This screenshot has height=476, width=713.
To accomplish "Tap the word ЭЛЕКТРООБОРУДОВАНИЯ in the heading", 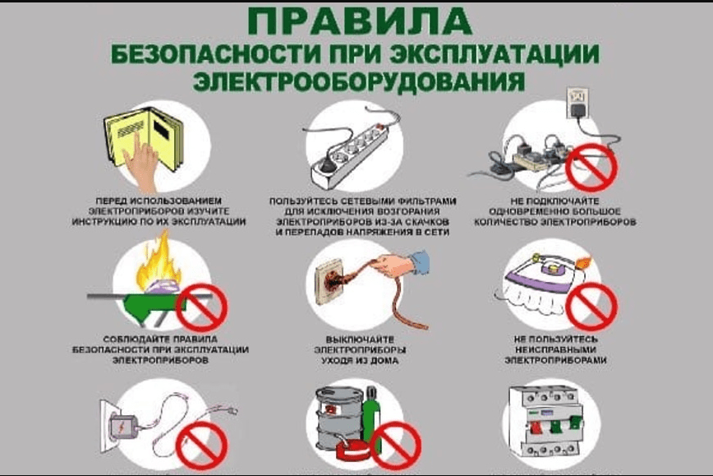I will (357, 81).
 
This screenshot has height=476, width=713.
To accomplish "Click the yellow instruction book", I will (144, 140).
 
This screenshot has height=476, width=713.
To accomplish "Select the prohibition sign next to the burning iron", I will (202, 306).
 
